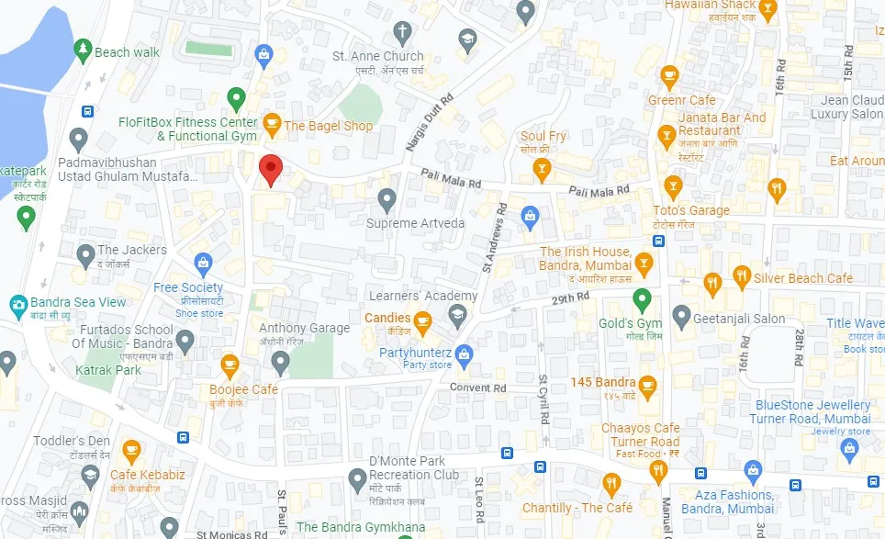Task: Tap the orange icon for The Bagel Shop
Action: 272,123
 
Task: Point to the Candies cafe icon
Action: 422,320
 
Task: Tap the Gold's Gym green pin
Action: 643,299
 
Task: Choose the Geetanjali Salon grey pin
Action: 681,318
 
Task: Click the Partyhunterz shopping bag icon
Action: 465,353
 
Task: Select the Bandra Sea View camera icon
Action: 17,303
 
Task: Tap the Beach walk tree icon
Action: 83,48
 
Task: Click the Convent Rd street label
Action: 477,387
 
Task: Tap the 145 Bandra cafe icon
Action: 648,383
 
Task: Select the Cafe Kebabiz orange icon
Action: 131,450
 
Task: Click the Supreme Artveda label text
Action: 415,223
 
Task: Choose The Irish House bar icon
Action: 644,264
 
